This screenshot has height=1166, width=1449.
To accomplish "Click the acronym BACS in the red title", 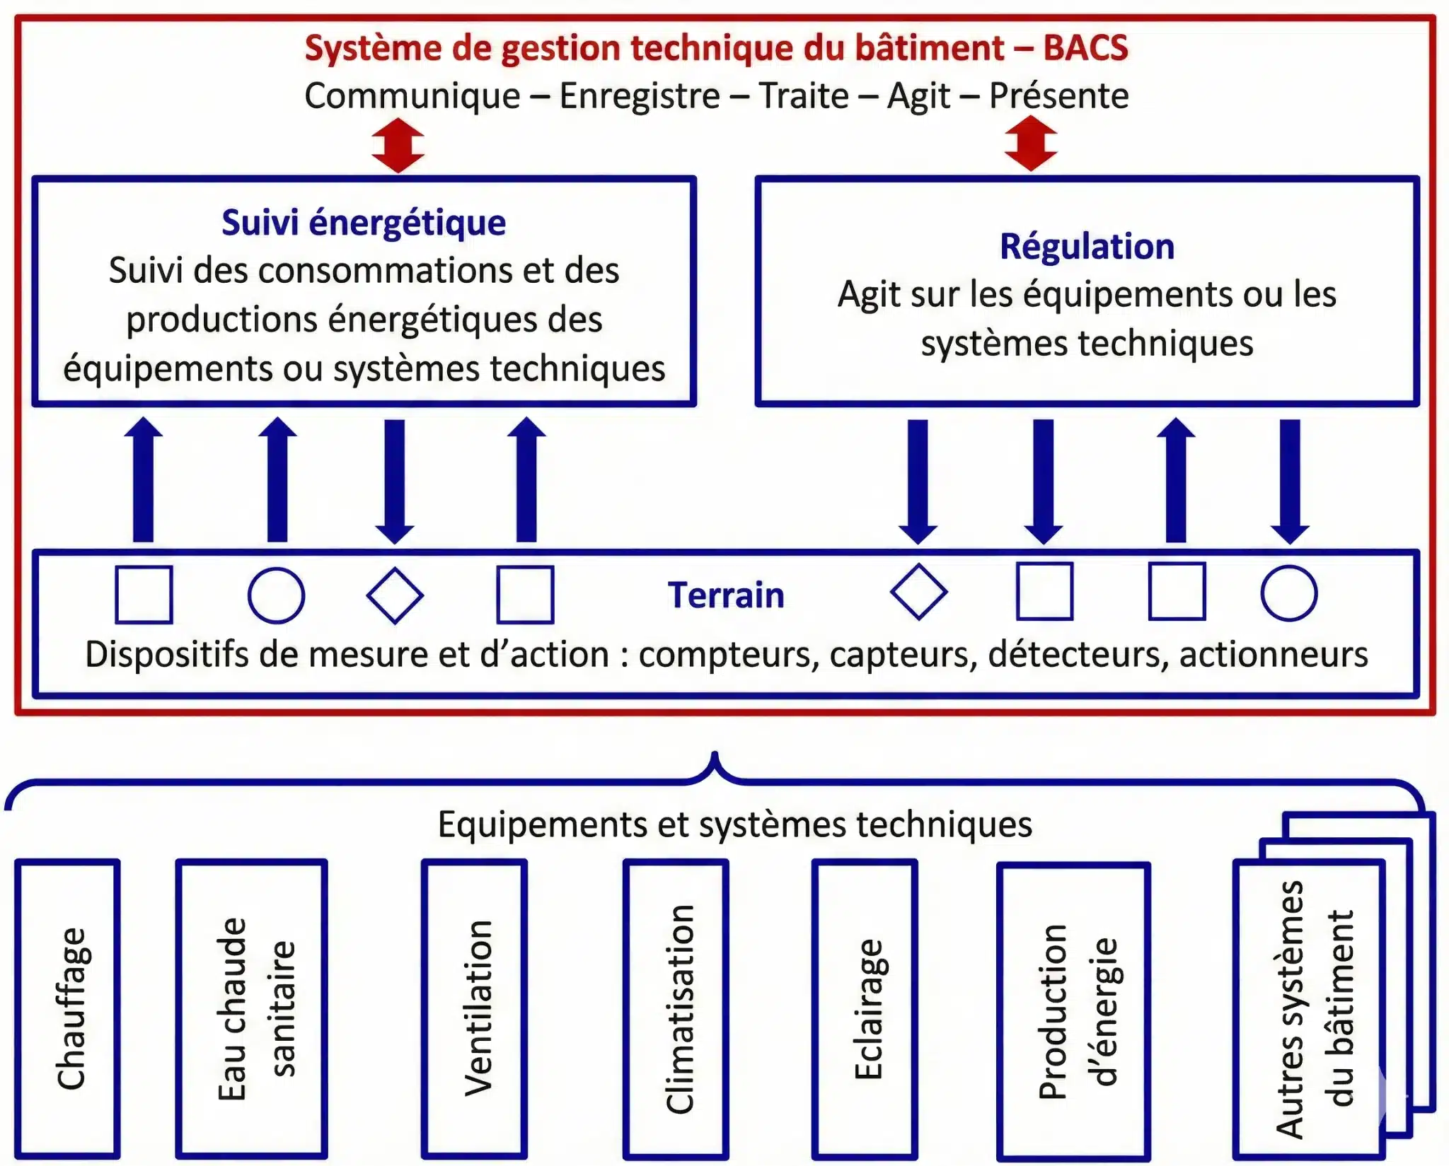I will coord(1085,48).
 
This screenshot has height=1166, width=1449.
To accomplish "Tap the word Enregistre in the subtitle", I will coord(640,96).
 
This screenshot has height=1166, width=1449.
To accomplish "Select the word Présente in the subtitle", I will coord(1058,96).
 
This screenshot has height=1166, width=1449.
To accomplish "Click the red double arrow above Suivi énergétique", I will coord(398,145).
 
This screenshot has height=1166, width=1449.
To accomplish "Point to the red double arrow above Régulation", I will coord(1031,144).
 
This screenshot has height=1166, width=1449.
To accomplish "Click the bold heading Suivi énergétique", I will coord(364,223).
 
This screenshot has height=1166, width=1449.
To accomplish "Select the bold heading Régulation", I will coord(1087,247).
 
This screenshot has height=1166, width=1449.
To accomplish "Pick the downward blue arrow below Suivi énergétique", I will coord(395,481).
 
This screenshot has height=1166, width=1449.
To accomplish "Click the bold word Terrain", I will coord(726,595).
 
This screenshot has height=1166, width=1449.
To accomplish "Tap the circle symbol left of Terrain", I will coord(277,595).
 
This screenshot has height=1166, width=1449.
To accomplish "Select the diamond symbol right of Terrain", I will coord(918,592).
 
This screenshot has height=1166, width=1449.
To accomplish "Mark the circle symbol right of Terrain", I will coord(1289,593).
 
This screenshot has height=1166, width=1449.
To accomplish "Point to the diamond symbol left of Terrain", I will coord(395,595).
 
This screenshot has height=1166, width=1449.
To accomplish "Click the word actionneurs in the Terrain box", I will coord(1274,655).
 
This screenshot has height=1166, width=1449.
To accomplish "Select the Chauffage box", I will coord(68,1009).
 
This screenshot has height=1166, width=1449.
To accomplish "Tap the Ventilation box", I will coord(475,1009).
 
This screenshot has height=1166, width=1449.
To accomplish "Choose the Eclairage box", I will coord(865,1009).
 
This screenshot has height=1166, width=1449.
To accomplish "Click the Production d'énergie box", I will coord(1073,1011).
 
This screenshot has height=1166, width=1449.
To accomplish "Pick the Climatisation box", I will coord(676,1009).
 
